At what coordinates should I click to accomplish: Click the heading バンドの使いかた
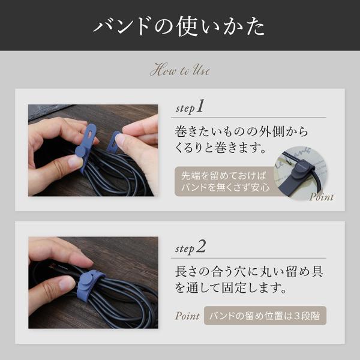[179, 26]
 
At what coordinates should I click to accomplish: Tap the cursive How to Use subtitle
[180, 70]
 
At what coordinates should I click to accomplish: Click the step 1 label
[190, 107]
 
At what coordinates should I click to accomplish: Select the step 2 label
[190, 247]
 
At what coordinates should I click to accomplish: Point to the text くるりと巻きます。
[220, 148]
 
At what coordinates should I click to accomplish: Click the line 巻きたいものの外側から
[241, 132]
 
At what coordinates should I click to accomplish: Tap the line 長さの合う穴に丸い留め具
[249, 272]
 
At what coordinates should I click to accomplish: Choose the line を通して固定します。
[231, 287]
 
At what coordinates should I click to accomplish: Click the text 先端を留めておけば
[224, 176]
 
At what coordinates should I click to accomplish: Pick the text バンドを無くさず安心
[226, 188]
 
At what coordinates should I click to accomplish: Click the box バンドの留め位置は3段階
[265, 316]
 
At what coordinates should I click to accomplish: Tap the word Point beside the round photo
[322, 197]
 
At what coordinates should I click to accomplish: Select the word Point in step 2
[187, 316]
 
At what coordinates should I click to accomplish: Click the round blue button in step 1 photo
[80, 151]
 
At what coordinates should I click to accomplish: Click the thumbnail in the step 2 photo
[67, 284]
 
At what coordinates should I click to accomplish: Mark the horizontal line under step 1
[248, 118]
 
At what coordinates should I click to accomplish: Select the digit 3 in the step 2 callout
[297, 316]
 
